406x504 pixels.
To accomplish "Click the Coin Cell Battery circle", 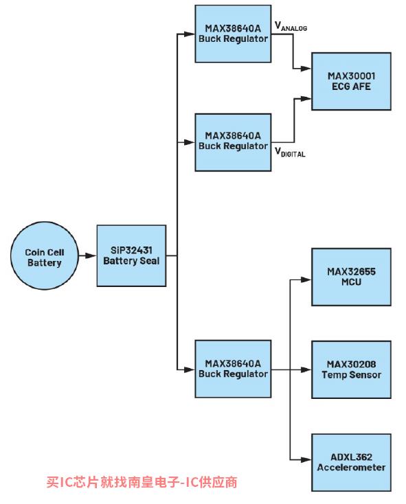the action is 45,255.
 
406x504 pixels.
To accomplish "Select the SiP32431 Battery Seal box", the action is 131,255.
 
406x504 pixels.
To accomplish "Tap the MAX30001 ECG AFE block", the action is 351,81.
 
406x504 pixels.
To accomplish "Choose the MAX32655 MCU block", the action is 351,277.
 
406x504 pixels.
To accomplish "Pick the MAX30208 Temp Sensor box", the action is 351,369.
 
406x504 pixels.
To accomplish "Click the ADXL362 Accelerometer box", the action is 351,462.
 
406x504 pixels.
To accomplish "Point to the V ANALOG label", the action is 291,26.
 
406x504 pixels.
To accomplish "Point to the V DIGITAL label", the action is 290,152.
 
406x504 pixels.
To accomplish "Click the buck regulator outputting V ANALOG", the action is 233,34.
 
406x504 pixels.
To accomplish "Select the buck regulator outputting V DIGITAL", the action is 233,142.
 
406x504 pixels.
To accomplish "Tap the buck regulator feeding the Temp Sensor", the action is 233,369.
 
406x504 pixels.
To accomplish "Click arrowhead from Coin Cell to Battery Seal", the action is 91,256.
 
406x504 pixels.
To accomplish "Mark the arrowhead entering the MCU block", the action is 306,280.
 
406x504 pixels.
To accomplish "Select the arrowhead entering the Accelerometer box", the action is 306,460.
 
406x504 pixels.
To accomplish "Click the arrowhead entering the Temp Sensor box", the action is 306,369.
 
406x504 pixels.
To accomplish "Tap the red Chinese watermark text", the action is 142,482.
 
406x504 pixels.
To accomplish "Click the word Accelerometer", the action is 351,468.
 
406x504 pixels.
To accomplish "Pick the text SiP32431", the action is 131,250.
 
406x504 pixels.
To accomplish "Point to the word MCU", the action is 351,282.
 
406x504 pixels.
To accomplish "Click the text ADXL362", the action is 351,457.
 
